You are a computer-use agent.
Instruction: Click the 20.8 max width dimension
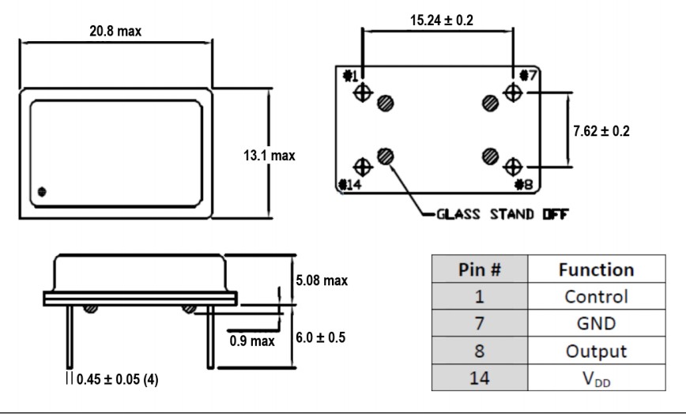click(x=115, y=31)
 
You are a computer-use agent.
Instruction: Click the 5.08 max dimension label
click(x=322, y=280)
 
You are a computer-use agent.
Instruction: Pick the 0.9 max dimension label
click(x=251, y=341)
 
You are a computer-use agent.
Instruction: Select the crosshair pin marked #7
click(x=513, y=93)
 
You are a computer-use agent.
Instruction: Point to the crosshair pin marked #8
click(x=513, y=167)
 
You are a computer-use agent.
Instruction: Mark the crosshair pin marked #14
click(x=363, y=167)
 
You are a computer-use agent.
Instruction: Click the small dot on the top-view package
click(x=42, y=191)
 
